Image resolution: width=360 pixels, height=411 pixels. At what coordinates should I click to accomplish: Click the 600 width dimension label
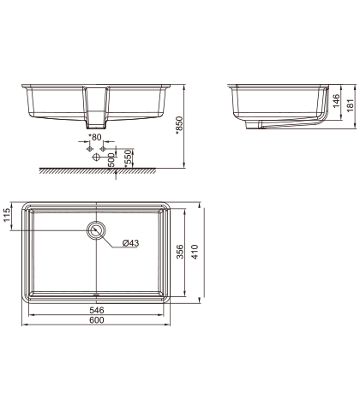pyautogui.click(x=97, y=320)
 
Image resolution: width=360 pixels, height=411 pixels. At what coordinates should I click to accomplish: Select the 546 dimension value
pyautogui.click(x=97, y=310)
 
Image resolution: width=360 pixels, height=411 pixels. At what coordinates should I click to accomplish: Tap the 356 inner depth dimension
pyautogui.click(x=180, y=252)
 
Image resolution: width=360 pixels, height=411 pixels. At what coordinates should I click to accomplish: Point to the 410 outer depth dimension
pyautogui.click(x=195, y=252)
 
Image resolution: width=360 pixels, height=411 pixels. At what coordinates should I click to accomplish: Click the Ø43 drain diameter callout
pyautogui.click(x=130, y=243)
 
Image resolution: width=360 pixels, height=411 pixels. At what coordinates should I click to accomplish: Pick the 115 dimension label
pyautogui.click(x=7, y=215)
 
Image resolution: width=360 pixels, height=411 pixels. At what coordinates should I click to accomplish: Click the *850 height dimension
pyautogui.click(x=179, y=125)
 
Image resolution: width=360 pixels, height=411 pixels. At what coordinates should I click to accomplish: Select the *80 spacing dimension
pyautogui.click(x=95, y=137)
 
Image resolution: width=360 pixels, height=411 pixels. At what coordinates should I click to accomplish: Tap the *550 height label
pyautogui.click(x=129, y=158)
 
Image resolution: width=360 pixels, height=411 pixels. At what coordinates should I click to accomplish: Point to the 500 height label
pyautogui.click(x=111, y=160)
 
